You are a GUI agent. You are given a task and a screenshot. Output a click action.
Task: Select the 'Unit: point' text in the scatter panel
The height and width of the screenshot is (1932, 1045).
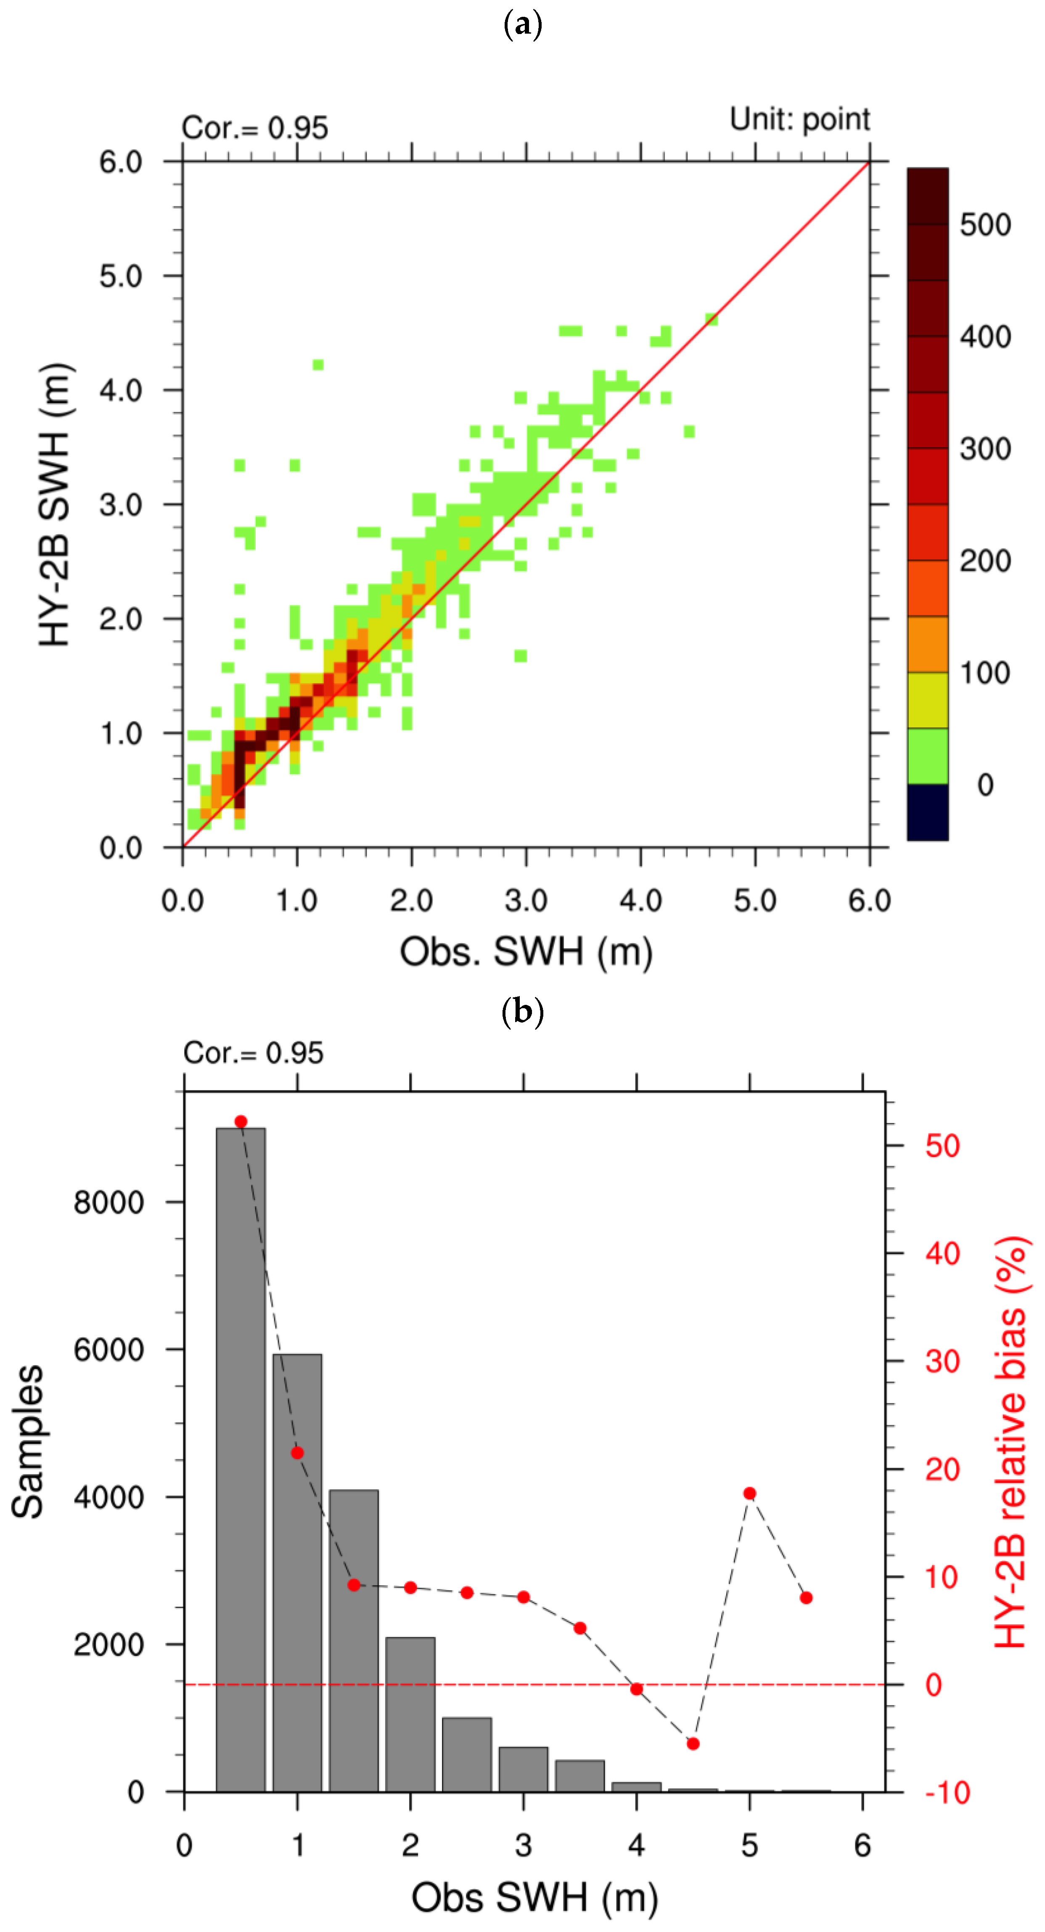pyautogui.click(x=800, y=119)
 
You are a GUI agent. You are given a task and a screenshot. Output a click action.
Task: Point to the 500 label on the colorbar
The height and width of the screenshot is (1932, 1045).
pyautogui.click(x=985, y=225)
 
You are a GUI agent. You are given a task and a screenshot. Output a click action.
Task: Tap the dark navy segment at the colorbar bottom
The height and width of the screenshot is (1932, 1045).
pyautogui.click(x=927, y=812)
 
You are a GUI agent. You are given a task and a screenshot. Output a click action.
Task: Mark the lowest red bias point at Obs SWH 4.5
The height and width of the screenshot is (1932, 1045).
pyautogui.click(x=693, y=1744)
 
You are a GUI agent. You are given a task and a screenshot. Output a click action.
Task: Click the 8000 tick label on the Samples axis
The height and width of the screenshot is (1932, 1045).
pyautogui.click(x=109, y=1202)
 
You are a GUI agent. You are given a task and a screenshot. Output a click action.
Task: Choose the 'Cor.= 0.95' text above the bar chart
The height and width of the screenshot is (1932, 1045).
pyautogui.click(x=254, y=1053)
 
